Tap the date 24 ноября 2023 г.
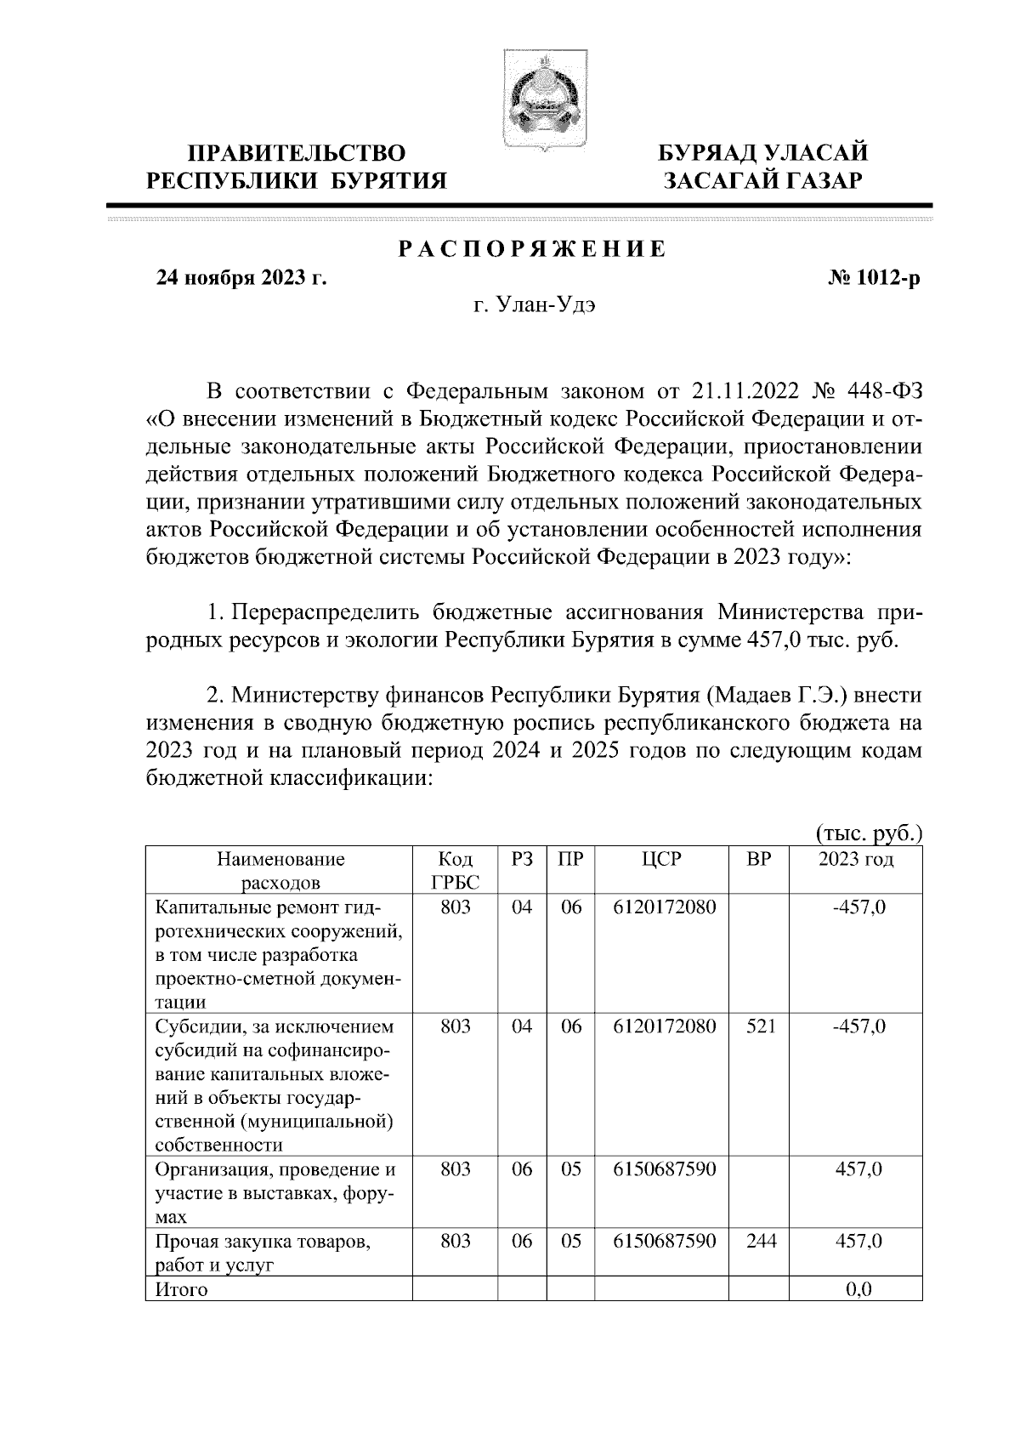[240, 278]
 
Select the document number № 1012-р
[875, 278]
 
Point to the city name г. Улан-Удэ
[534, 306]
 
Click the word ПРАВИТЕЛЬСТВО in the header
[297, 154]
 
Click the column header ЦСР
[660, 859]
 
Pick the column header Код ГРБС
[455, 870]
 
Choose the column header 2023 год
[855, 859]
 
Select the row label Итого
[181, 1290]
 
